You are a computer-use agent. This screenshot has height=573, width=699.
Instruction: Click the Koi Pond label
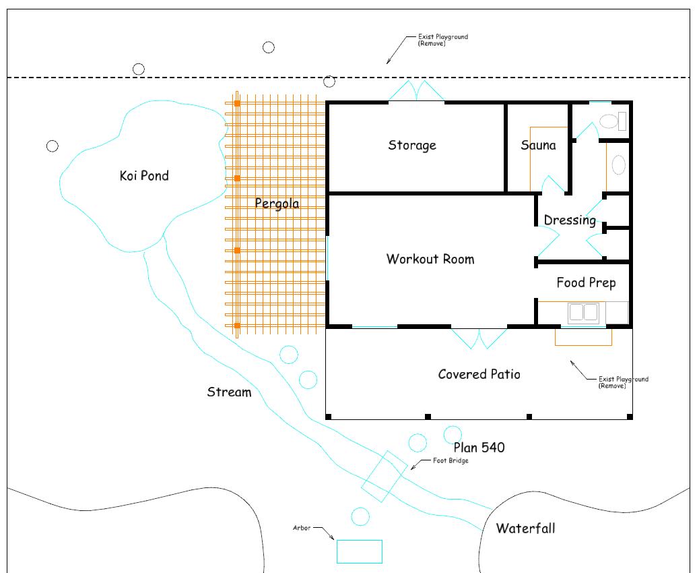(x=144, y=175)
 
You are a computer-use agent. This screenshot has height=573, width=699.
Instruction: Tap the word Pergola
(x=277, y=204)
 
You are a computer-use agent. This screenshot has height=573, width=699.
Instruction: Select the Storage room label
(x=412, y=146)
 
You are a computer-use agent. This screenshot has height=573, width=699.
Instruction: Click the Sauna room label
(x=538, y=145)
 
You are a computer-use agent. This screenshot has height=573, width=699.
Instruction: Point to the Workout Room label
(x=430, y=259)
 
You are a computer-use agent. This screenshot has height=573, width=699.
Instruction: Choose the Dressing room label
(x=570, y=220)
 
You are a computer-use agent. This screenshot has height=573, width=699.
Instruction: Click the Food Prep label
(x=587, y=282)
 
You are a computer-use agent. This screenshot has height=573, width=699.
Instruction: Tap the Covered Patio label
(x=479, y=374)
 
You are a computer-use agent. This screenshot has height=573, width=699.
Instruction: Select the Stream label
(x=229, y=392)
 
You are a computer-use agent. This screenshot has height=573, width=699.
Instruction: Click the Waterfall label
(x=525, y=529)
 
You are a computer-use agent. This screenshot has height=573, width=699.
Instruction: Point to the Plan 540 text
(x=479, y=448)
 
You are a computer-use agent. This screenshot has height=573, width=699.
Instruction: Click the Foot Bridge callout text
(x=451, y=460)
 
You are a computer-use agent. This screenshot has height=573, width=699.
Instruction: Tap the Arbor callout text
(x=302, y=528)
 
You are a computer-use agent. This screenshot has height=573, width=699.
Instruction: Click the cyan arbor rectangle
(x=360, y=551)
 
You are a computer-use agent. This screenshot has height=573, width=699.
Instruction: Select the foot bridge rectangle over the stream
(x=385, y=476)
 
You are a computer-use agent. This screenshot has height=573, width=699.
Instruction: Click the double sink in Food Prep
(x=584, y=312)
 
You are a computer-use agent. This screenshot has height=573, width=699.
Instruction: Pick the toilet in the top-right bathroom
(x=613, y=121)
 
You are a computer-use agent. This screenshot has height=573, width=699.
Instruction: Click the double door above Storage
(x=416, y=90)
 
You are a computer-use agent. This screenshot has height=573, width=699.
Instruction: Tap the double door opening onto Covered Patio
(x=479, y=338)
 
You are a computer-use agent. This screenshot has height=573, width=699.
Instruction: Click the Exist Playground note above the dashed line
(x=442, y=40)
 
